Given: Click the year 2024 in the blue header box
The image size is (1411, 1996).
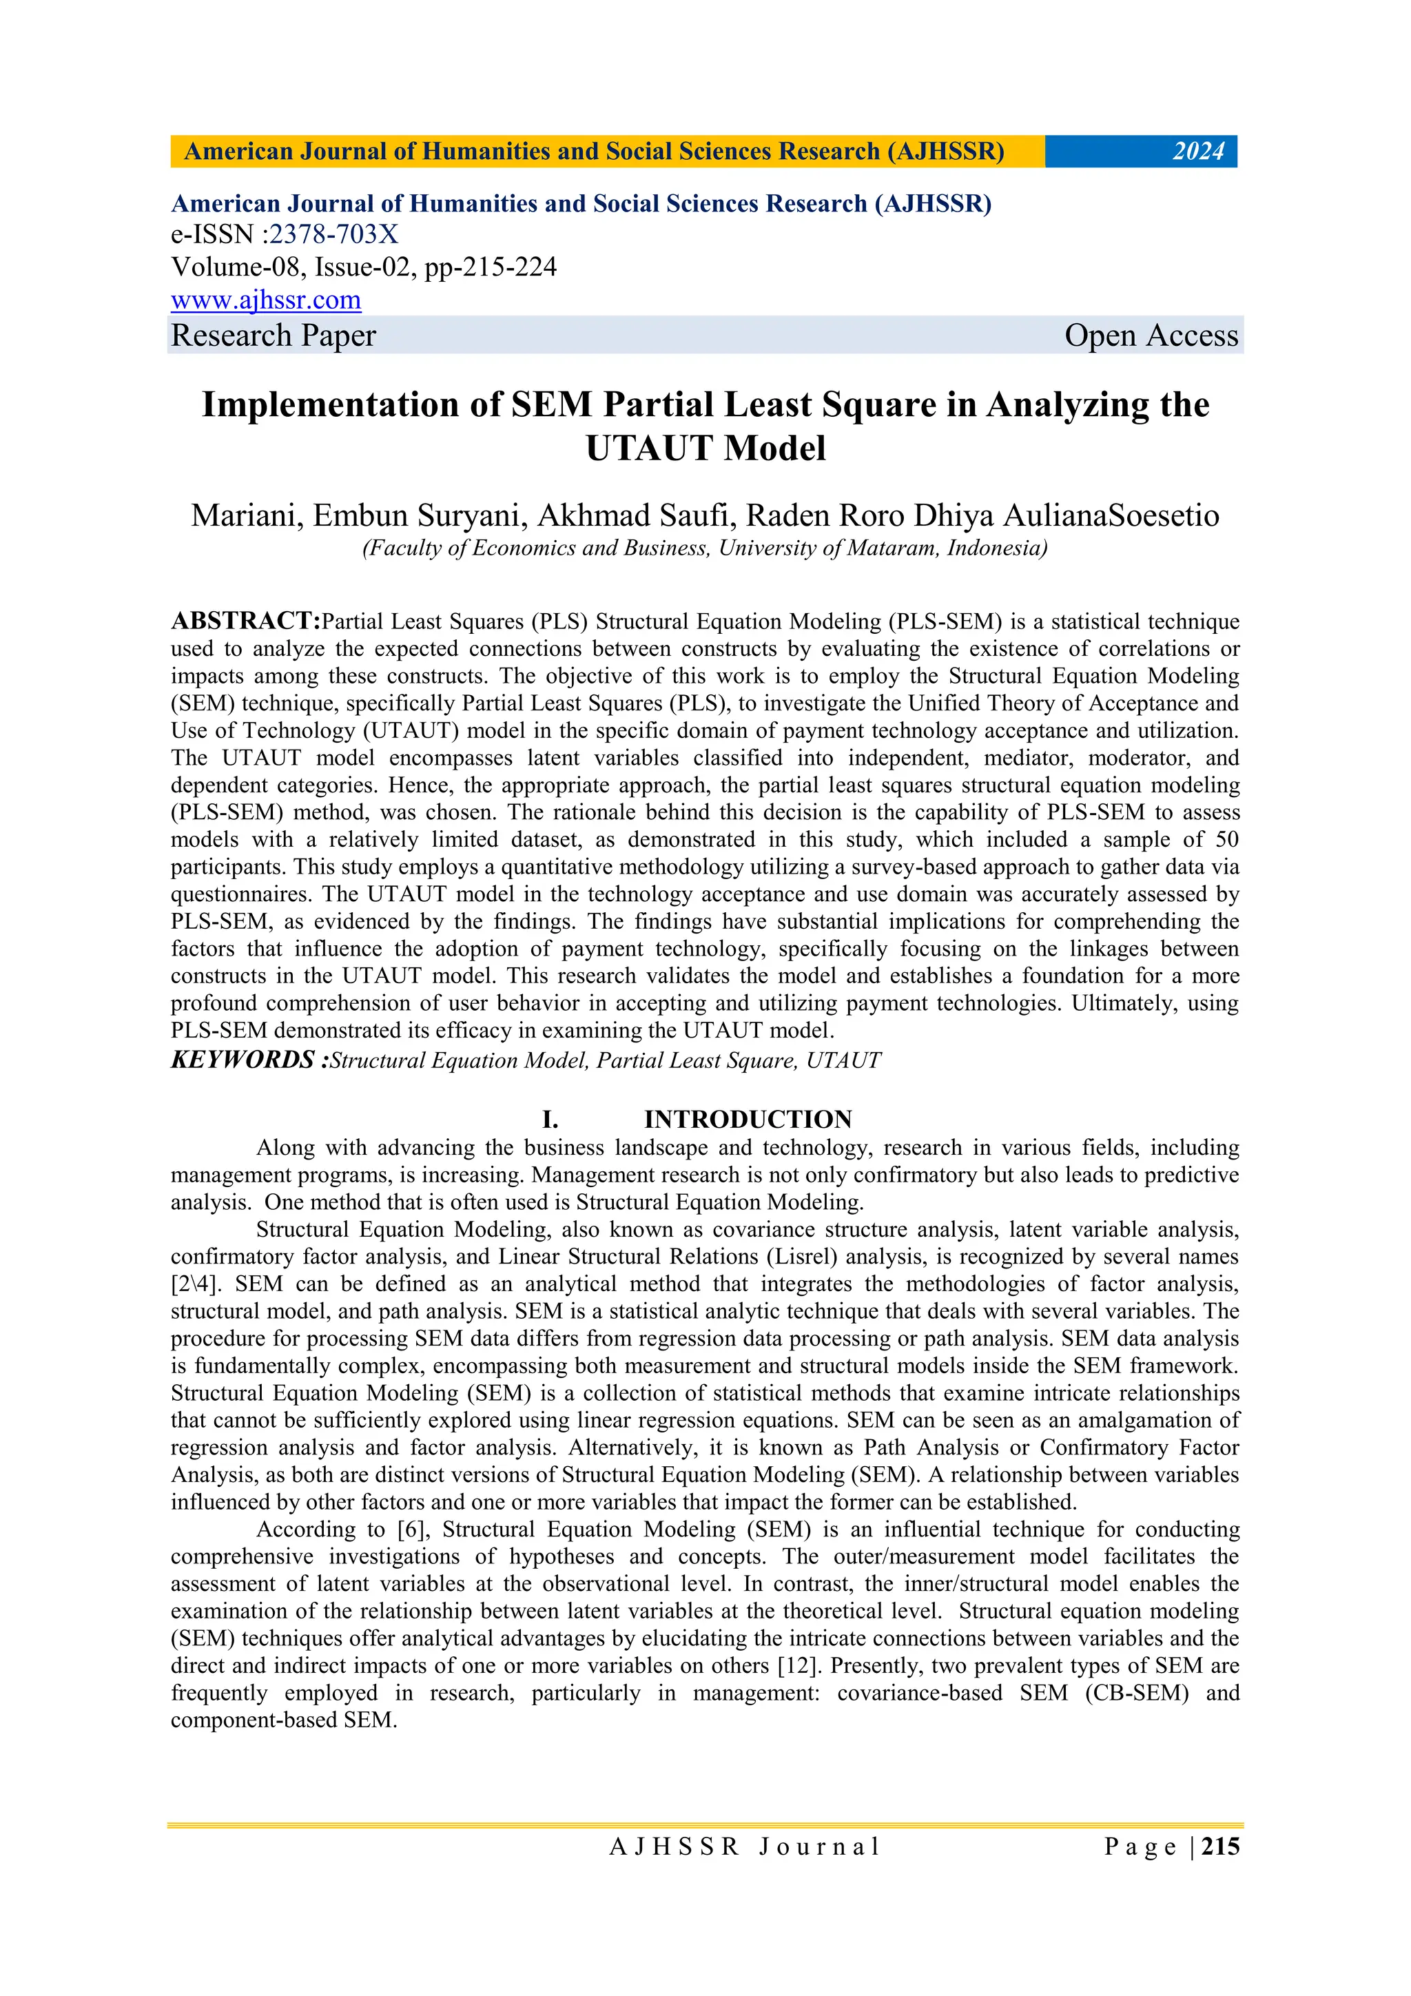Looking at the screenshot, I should coord(1198,152).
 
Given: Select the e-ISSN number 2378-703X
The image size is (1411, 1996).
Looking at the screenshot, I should coord(334,235).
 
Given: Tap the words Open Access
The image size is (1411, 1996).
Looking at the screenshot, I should coord(1151,336).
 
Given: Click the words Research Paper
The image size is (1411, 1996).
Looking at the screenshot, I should coord(273,336).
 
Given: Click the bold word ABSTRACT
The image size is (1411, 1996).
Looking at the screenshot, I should coord(245,621).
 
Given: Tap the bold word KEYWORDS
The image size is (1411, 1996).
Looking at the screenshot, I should coord(243,1060).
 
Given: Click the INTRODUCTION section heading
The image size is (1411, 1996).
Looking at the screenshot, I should coord(748,1119).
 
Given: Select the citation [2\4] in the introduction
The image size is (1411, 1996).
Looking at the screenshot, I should coord(196,1284).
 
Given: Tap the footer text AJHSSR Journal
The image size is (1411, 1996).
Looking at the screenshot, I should coord(745,1847).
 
